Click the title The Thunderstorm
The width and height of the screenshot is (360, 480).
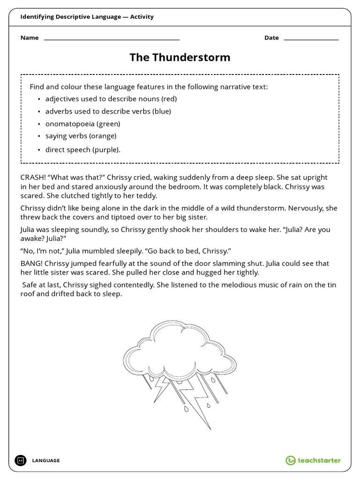[180, 58]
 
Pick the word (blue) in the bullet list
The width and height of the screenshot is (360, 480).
[162, 112]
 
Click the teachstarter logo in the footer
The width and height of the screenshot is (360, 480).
[313, 460]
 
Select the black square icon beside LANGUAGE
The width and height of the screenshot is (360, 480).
[21, 460]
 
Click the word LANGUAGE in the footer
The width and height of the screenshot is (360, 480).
[46, 461]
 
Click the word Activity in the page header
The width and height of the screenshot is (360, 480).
[142, 17]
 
